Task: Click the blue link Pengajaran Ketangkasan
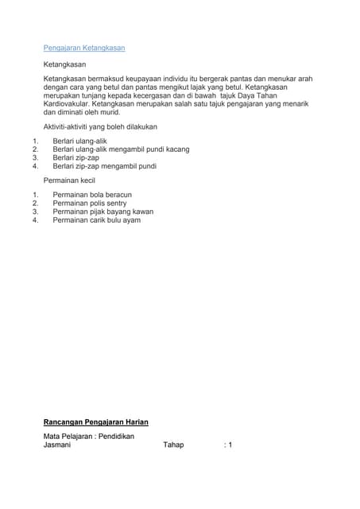tap(83, 48)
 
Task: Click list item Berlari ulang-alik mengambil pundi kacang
tap(121, 149)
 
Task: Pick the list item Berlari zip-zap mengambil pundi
tap(104, 166)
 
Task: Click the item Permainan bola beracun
tap(92, 195)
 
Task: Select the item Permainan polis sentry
tap(89, 204)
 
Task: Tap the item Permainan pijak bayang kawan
tap(103, 212)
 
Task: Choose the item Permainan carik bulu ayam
tap(96, 220)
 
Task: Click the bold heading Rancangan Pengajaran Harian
tap(95, 422)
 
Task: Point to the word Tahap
tap(173, 445)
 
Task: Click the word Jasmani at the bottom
tap(56, 445)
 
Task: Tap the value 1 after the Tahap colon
tap(230, 445)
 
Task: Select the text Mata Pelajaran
tap(68, 437)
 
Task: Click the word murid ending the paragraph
tap(109, 112)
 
